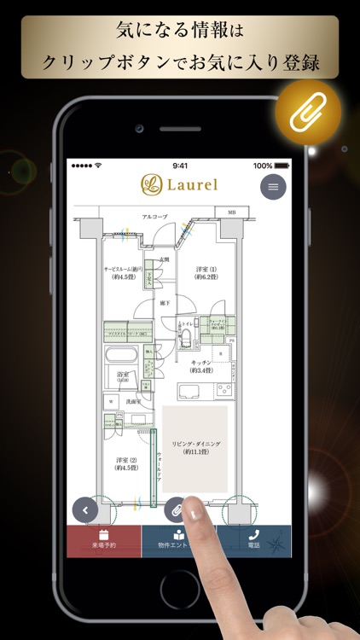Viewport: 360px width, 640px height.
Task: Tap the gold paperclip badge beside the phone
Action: tap(308, 114)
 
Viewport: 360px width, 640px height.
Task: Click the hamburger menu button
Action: tap(273, 186)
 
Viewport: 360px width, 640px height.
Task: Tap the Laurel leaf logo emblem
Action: tap(150, 185)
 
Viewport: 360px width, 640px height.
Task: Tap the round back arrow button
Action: tap(84, 509)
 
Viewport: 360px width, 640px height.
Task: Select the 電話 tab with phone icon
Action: tap(254, 541)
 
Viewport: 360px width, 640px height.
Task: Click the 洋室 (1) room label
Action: tap(208, 272)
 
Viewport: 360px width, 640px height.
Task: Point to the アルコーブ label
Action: tap(131, 218)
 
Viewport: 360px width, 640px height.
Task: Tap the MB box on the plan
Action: tap(232, 211)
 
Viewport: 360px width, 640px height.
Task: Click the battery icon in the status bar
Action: tap(282, 166)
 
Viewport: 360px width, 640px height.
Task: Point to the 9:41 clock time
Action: tap(180, 166)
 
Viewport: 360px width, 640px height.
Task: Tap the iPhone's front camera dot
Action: tap(138, 127)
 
